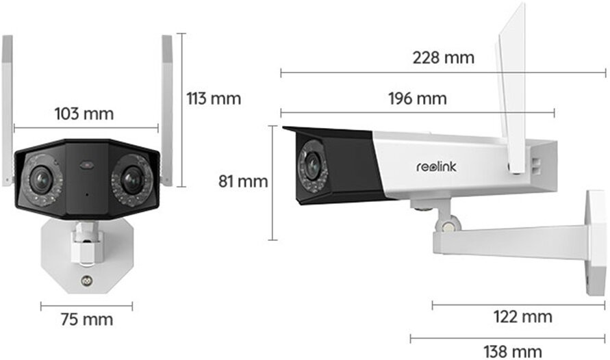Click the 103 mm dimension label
coord(84,114)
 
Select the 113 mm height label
coord(214,99)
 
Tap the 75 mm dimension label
coord(87,320)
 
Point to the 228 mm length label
coord(444,58)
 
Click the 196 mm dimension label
coord(418,99)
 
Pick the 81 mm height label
coord(243,181)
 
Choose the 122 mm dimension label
coord(522,316)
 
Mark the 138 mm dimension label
coord(513,352)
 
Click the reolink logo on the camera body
coord(436,167)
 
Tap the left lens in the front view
coord(41,179)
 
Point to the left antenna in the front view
coord(8,110)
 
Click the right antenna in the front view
coord(167,110)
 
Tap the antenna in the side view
coord(512,88)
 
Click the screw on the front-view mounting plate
coord(86,280)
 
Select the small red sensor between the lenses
coord(87,165)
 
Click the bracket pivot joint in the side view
coord(447,224)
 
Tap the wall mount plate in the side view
coord(596,242)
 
